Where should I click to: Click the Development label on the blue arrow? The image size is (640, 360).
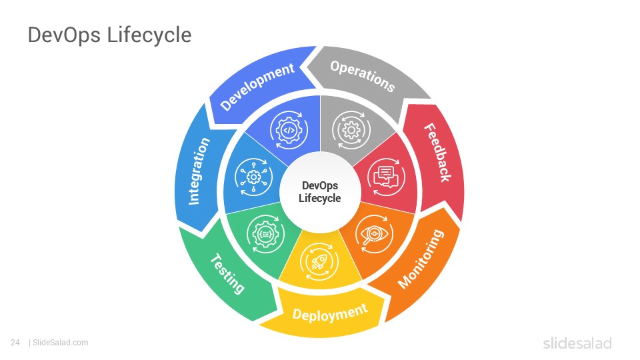coord(257,86)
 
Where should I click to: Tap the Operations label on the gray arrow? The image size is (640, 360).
coord(363,76)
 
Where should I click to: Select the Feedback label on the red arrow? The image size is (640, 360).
coord(437,152)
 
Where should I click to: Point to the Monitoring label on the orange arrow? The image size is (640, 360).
coord(421,259)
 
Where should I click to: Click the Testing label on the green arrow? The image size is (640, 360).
coord(227,273)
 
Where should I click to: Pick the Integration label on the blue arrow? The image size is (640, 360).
coord(199,171)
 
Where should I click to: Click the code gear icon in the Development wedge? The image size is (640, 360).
coord(289,130)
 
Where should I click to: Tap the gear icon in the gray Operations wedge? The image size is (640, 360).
coord(351,130)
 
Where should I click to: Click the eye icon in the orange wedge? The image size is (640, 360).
coord(374,234)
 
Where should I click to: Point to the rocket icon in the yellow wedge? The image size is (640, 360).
coord(319,262)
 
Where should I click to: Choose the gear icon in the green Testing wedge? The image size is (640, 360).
coord(266,234)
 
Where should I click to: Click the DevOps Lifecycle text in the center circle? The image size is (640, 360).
coord(320,192)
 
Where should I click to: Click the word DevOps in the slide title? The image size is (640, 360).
coord(64,35)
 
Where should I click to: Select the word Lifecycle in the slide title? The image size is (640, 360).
coord(149,35)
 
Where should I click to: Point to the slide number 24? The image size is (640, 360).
coord(15,343)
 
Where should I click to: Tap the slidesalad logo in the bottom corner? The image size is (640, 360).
coord(577,343)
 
